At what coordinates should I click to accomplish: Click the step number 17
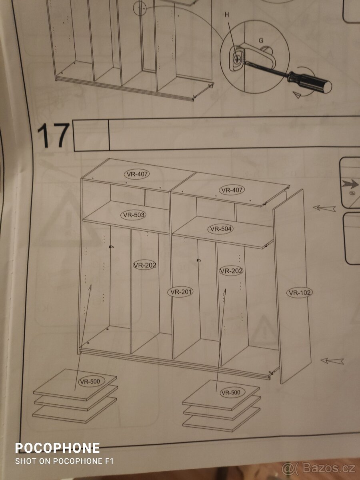[x=53, y=135]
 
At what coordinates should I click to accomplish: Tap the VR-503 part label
[x=133, y=215]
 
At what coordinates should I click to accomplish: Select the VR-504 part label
[x=220, y=229]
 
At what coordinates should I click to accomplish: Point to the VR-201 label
[x=180, y=292]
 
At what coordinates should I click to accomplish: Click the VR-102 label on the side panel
[x=300, y=292]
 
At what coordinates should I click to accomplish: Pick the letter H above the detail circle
[x=227, y=15]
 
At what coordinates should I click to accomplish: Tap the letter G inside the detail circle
[x=261, y=40]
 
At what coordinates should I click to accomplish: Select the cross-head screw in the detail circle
[x=236, y=59]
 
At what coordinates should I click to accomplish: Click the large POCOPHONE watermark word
[x=57, y=448]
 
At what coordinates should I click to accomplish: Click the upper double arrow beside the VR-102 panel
[x=324, y=208]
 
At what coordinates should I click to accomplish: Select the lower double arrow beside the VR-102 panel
[x=332, y=361]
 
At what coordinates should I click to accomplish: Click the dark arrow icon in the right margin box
[x=350, y=184]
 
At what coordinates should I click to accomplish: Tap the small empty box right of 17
[x=91, y=135]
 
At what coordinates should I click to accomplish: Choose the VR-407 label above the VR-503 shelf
[x=137, y=174]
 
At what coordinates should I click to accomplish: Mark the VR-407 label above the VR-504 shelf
[x=232, y=190]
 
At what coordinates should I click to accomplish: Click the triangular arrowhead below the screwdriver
[x=297, y=95]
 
